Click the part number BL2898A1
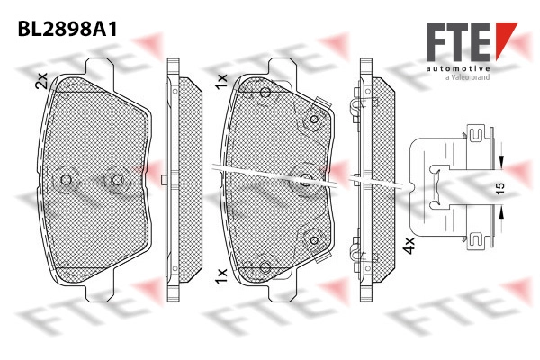67,29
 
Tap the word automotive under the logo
458,69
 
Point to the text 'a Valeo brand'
468,77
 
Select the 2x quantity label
41,81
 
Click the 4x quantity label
409,246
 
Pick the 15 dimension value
500,188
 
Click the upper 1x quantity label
221,81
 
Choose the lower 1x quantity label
221,276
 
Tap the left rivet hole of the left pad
66,179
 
